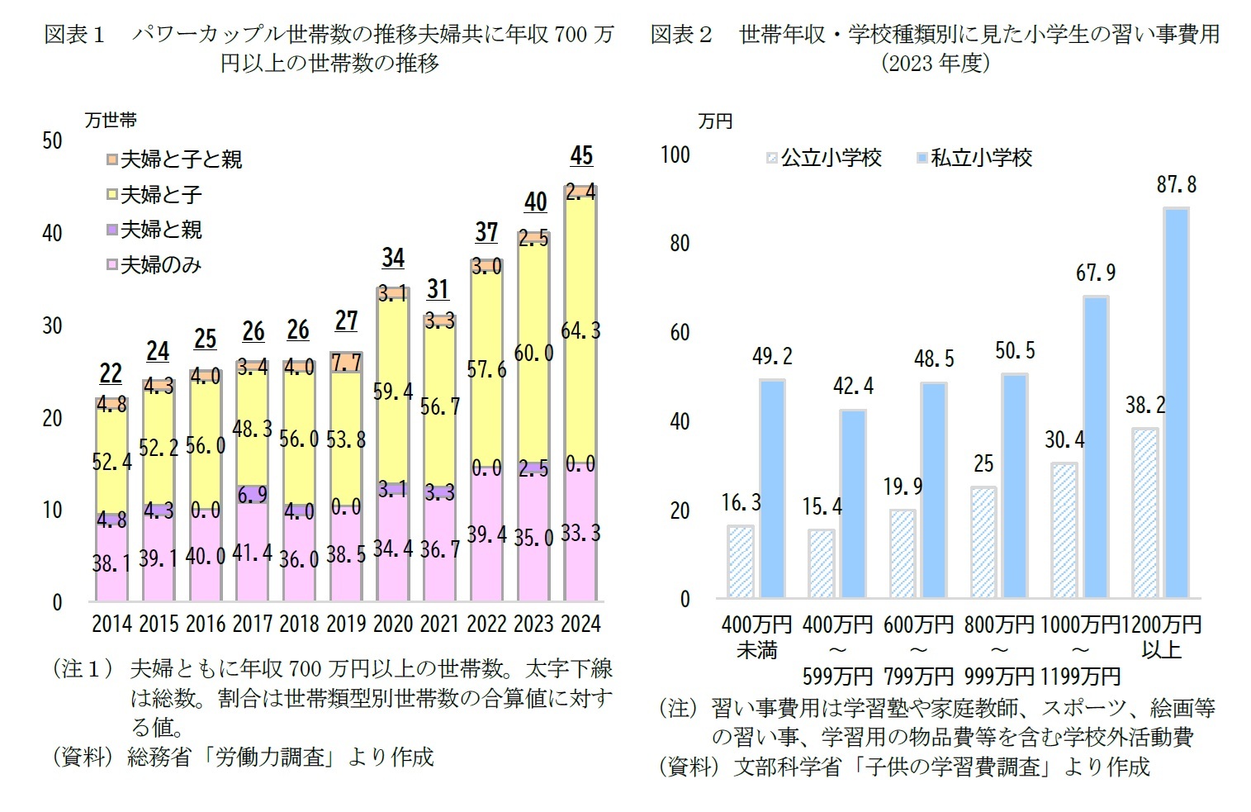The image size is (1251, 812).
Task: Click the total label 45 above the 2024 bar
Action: point(581,156)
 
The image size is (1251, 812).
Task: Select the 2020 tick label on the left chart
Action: point(392,624)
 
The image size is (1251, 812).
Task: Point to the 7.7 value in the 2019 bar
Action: point(345,362)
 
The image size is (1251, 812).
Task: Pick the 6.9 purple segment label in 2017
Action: point(252,494)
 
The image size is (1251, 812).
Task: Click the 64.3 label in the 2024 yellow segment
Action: point(580,330)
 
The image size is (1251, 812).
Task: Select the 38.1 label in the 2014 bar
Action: point(111,563)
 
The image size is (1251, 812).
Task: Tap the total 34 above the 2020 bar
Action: point(393,258)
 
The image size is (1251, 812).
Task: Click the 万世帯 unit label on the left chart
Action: point(111,121)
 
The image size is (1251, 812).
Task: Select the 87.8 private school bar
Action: point(1176,403)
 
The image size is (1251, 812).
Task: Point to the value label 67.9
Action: point(1095,272)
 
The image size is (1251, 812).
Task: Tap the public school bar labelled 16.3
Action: point(740,562)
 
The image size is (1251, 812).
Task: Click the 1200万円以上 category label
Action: point(1161,637)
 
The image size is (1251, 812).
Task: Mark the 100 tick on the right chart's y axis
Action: point(675,154)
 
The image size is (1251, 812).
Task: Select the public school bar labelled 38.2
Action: point(1144,513)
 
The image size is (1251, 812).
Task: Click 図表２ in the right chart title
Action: point(681,34)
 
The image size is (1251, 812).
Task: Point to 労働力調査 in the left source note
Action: point(270,757)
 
